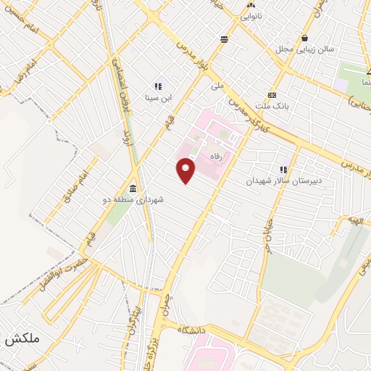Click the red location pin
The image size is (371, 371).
(x=186, y=170)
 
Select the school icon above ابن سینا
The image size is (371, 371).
(x=157, y=86)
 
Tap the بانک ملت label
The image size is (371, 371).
(x=272, y=106)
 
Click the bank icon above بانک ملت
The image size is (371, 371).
(x=272, y=95)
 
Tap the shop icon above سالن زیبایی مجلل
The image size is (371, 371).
(x=308, y=38)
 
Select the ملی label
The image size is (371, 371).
(x=217, y=86)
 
